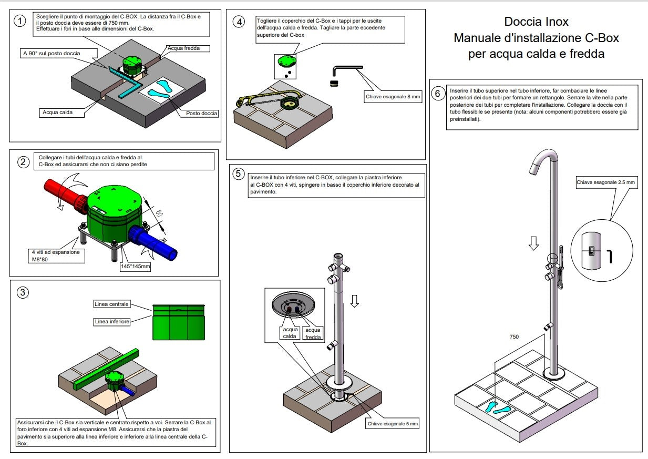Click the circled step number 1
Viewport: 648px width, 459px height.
click(20, 22)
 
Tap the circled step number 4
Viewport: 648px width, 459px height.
click(240, 22)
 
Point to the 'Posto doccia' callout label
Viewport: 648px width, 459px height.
click(201, 113)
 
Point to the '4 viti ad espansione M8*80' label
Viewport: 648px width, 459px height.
click(56, 256)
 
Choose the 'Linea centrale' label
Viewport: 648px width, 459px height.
click(111, 304)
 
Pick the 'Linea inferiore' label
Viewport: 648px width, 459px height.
click(111, 321)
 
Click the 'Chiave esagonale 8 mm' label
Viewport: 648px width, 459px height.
click(393, 96)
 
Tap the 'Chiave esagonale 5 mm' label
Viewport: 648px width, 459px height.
click(393, 423)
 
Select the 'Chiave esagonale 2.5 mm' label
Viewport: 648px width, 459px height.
click(606, 182)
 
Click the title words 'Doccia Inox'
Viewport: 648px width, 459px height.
click(536, 22)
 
